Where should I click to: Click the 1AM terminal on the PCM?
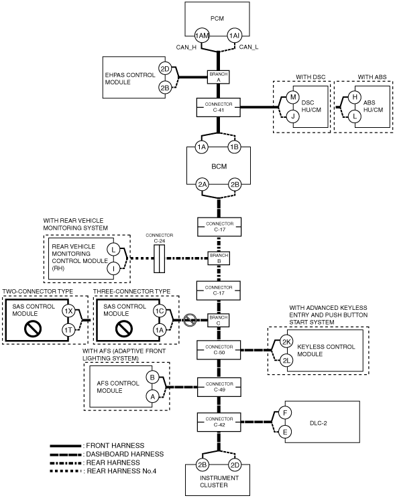coord(202,35)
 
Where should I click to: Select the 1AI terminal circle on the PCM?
coord(234,35)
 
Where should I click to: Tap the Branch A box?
coord(219,77)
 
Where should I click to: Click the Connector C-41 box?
coord(219,107)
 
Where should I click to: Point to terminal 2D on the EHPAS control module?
coord(165,69)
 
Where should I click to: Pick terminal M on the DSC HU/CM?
coord(293,97)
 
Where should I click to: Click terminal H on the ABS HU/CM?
coord(355,97)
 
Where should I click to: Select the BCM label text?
coord(219,167)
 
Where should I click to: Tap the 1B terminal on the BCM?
coord(234,147)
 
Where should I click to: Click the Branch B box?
coord(219,258)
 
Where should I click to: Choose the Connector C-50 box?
coord(219,350)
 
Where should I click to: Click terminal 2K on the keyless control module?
coord(286,342)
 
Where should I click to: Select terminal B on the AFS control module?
coord(152,378)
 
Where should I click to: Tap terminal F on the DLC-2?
coord(285,413)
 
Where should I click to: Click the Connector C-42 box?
coord(219,422)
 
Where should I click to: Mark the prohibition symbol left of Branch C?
coord(190,320)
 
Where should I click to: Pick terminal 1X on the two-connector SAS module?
coord(68,311)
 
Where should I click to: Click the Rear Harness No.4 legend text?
coord(121,471)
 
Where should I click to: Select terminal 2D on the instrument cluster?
coord(235,465)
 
